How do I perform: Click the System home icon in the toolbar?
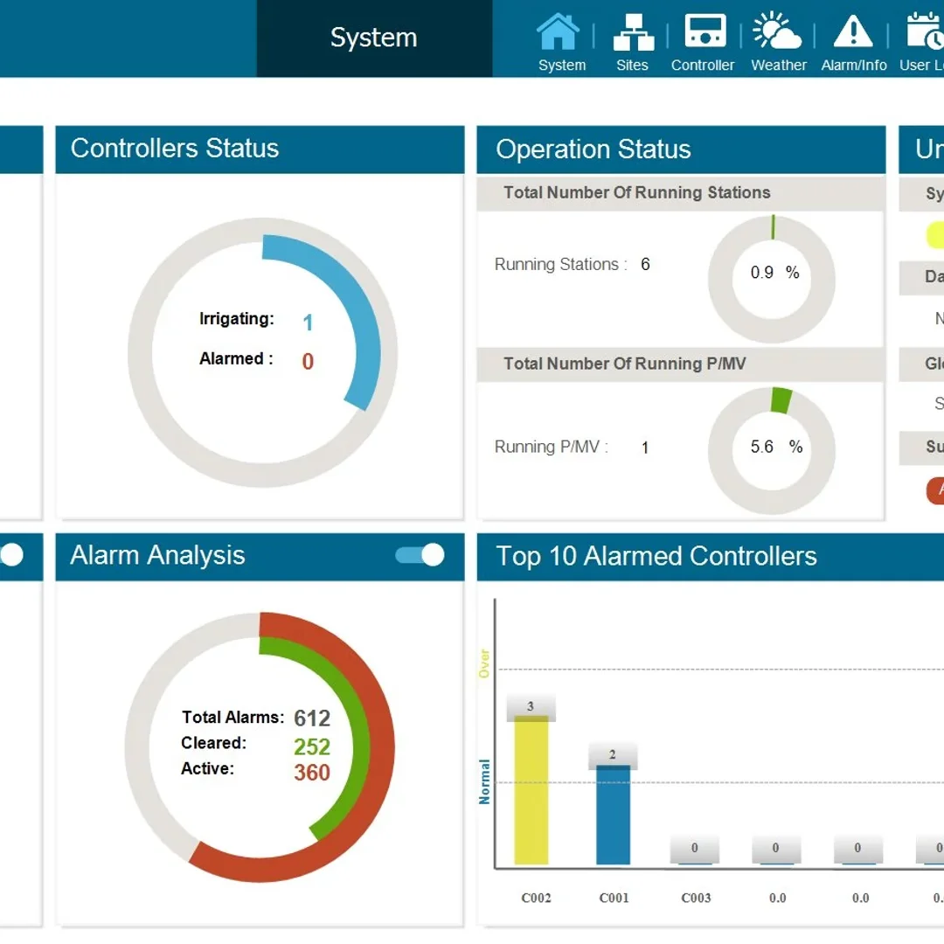pos(558,32)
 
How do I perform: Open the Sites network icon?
pos(632,32)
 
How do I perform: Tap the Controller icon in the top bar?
pos(704,32)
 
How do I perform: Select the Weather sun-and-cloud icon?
pos(777,32)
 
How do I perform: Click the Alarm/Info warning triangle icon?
pos(853,32)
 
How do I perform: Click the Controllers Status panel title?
pos(175,149)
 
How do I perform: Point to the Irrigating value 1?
pos(308,323)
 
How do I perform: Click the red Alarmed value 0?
pos(308,362)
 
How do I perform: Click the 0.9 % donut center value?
pos(774,273)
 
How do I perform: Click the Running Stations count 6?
pos(645,265)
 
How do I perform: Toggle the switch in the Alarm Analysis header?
pos(420,555)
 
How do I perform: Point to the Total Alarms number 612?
pos(312,718)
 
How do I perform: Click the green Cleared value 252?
pos(312,746)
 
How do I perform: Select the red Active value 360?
pos(312,773)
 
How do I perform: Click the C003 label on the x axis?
pos(696,898)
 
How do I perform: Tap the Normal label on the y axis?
pos(484,781)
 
